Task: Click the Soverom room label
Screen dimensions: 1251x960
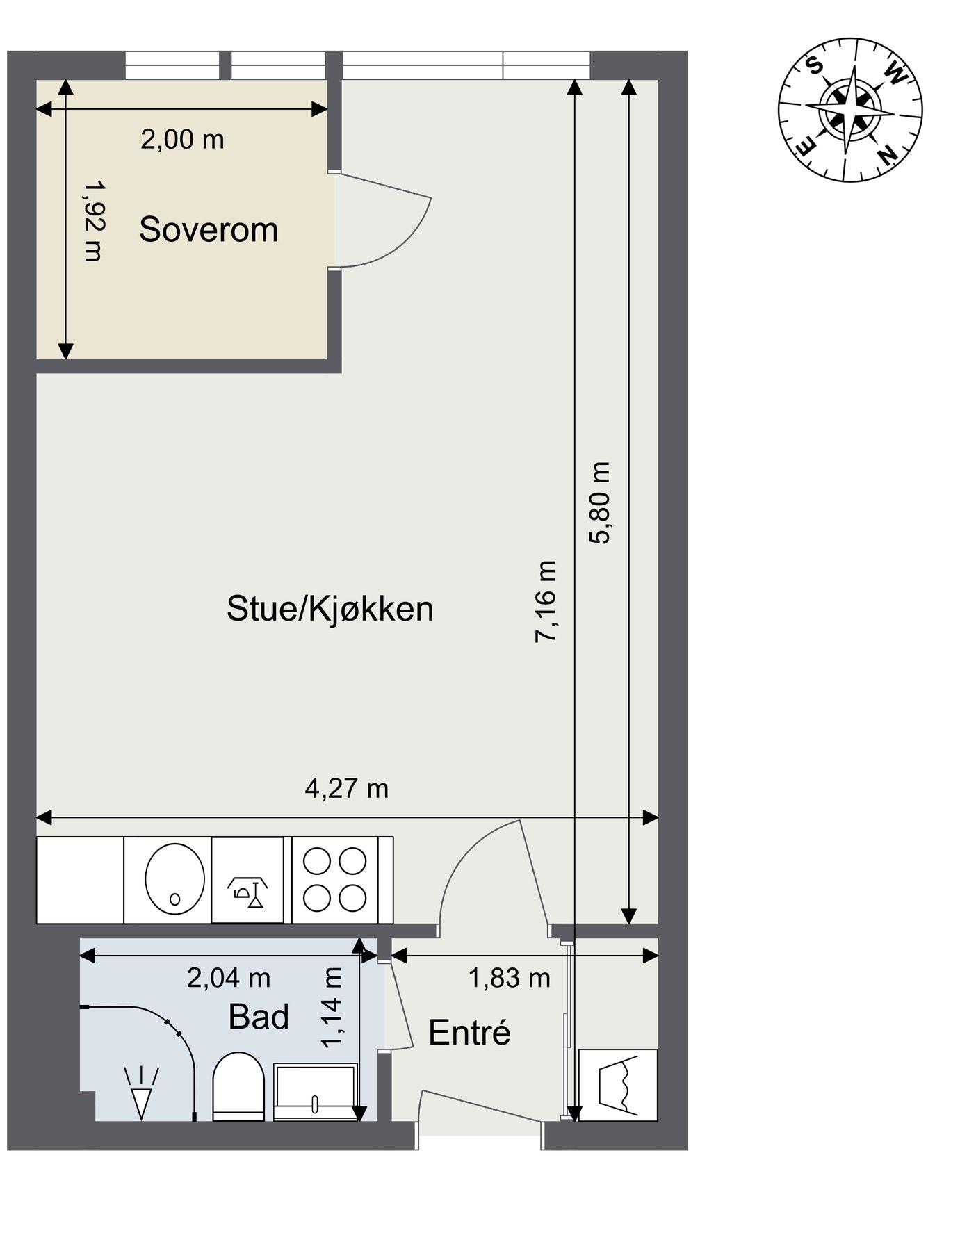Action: [x=209, y=229]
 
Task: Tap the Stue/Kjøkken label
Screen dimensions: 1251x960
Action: [x=330, y=609]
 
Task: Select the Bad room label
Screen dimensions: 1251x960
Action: [x=259, y=1017]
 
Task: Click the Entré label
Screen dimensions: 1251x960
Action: [x=469, y=1033]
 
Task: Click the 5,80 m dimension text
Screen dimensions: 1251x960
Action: [x=600, y=502]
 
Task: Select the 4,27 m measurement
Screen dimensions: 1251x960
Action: [x=347, y=788]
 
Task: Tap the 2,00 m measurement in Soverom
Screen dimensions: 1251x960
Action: [x=183, y=140]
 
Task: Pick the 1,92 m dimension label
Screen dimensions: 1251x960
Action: [x=92, y=220]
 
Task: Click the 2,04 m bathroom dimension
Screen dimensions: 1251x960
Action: [x=229, y=978]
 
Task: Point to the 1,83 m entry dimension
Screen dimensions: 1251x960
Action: [x=510, y=978]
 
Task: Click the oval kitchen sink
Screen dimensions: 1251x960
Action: [x=174, y=879]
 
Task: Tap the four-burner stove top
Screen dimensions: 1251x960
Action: [x=335, y=879]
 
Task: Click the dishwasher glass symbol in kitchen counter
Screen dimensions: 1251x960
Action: [x=248, y=892]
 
